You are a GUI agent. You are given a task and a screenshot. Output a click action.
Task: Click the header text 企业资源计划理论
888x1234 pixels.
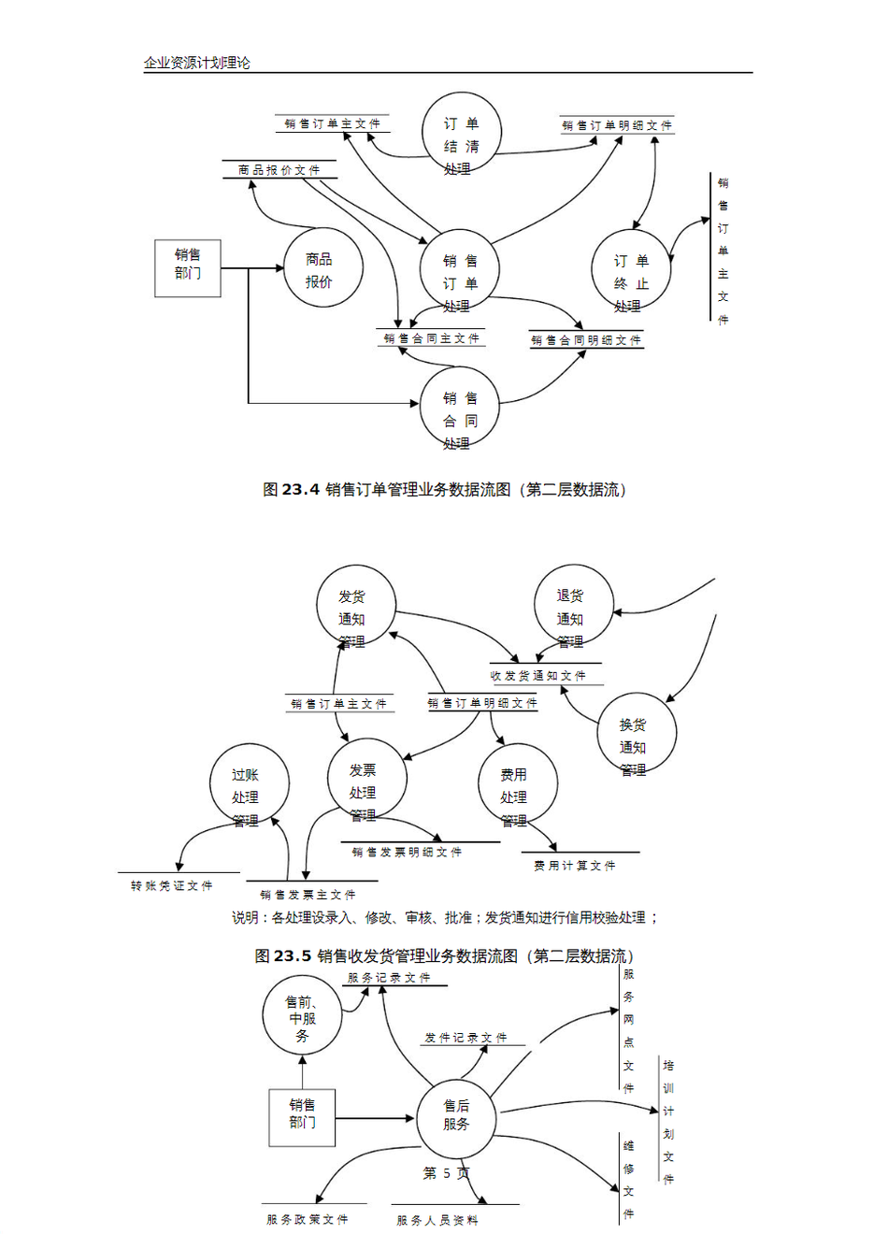pos(196,63)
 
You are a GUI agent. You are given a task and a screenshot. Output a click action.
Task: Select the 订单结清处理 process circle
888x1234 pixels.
pos(462,134)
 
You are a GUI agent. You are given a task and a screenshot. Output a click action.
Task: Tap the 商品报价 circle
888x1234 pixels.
pos(322,268)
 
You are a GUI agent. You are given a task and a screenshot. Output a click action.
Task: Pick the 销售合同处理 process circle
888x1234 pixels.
pos(460,409)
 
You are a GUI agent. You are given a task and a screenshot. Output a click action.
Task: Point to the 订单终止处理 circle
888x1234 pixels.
pos(631,271)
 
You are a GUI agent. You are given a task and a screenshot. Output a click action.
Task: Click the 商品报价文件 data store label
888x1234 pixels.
pos(279,170)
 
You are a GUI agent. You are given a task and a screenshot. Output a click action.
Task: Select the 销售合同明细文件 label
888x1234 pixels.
pos(586,340)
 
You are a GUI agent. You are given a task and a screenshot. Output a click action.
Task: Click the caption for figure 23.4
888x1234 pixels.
pos(444,490)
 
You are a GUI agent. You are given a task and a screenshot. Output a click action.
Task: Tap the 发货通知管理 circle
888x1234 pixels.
pos(355,606)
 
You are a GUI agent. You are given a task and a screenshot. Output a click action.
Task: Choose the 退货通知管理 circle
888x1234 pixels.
pos(573,606)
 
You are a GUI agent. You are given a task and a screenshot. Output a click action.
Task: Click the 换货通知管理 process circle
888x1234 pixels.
pos(636,735)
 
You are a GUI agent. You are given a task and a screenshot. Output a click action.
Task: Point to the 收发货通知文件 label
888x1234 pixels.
pos(537,675)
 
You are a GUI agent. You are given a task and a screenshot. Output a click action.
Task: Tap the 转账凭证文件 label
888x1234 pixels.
pos(172,885)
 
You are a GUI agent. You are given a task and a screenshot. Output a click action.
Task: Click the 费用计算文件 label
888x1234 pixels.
pos(575,866)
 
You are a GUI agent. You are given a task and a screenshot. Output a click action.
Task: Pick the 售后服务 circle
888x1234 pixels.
pos(456,1116)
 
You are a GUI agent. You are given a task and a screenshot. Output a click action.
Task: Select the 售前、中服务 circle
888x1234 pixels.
pos(302,1016)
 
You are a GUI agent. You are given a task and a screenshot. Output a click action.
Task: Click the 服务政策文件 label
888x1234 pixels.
pos(308,1219)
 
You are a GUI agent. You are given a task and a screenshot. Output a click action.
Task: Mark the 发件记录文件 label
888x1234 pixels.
pos(465,1038)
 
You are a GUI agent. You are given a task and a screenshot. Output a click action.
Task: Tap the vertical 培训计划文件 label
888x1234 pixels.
pos(668,1122)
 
